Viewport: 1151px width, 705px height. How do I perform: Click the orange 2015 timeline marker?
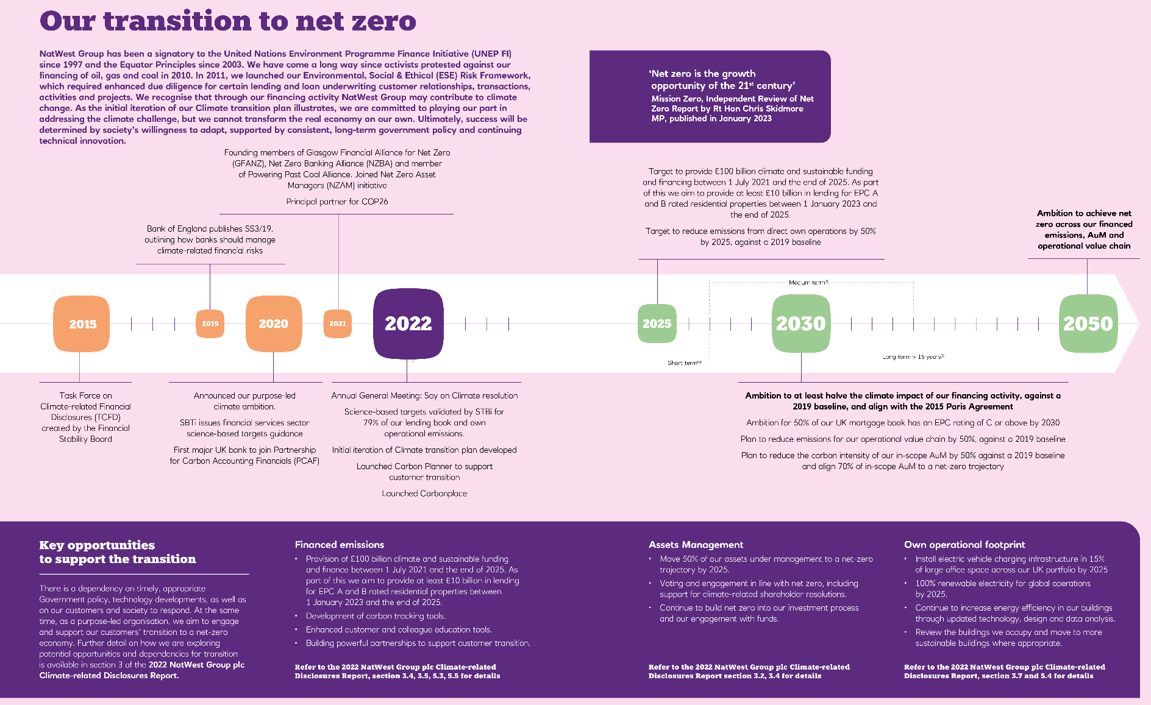coord(82,324)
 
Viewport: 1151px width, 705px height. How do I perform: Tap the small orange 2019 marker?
coord(210,324)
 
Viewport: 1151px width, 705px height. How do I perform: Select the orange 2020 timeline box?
coord(273,324)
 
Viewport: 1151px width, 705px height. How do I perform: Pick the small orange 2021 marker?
coord(337,324)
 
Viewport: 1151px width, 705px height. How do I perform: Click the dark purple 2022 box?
coord(408,324)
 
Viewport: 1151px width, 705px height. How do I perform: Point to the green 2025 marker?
coord(657,324)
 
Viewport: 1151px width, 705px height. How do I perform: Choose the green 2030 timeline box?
coord(800,324)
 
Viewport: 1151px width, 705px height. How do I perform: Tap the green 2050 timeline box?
coord(1088,324)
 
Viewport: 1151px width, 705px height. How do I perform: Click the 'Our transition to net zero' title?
coord(228,21)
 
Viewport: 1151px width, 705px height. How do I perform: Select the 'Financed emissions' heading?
coord(340,545)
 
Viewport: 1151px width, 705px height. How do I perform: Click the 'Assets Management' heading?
coord(696,545)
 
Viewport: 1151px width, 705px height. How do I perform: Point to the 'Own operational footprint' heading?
coord(964,545)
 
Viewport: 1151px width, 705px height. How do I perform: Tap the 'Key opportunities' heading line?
coord(97,545)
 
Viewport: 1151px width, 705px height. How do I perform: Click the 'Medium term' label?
coord(808,283)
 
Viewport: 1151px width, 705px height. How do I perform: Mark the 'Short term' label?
coord(683,363)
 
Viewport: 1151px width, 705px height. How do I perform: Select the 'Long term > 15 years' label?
coord(913,357)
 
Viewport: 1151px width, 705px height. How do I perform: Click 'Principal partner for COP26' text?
coord(337,202)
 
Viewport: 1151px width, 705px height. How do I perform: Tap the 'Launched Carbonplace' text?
coord(424,494)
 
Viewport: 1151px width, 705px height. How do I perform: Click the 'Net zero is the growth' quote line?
coord(703,74)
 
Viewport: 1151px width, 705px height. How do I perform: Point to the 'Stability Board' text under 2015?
coord(85,439)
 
